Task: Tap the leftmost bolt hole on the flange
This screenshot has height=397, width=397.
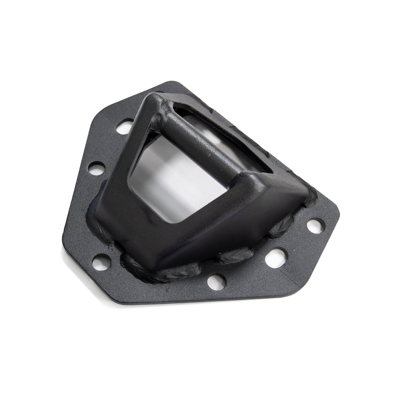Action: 97,169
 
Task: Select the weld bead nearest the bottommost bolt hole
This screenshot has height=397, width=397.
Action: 184,272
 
